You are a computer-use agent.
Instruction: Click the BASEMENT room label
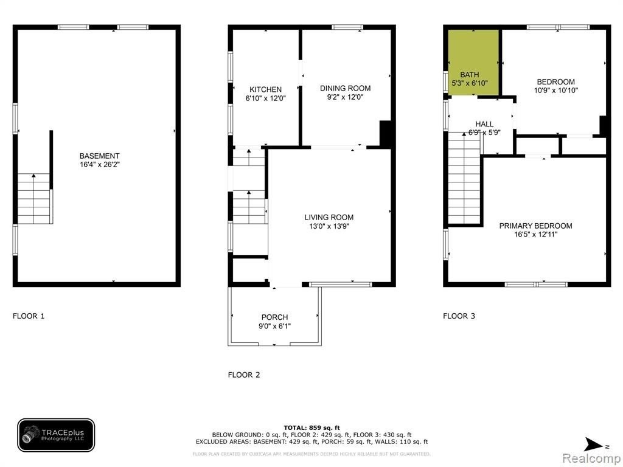[x=99, y=156]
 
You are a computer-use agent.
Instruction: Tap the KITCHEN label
[x=265, y=90]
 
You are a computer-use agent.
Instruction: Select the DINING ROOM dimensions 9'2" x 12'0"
[x=346, y=97]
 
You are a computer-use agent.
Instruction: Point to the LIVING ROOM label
[x=329, y=217]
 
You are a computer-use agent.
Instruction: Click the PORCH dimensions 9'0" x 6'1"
[x=274, y=327]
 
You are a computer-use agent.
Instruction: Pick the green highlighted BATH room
[x=473, y=63]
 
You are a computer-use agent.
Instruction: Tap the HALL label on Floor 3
[x=484, y=124]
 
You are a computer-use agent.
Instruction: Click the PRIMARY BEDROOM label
[x=535, y=226]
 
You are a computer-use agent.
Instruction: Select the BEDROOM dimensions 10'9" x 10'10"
[x=556, y=91]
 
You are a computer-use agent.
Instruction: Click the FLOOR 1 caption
[x=29, y=316]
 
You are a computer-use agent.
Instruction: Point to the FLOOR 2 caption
[x=244, y=375]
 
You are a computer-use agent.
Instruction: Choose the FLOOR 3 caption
[x=459, y=316]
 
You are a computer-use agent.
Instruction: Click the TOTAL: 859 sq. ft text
[x=312, y=427]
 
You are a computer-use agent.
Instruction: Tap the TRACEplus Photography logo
[x=56, y=435]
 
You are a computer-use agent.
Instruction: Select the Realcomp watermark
[x=591, y=458]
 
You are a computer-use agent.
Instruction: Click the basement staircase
[x=34, y=199]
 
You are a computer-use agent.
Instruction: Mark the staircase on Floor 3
[x=464, y=178]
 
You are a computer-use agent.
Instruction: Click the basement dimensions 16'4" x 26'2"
[x=99, y=165]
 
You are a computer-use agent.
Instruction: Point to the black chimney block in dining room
[x=385, y=134]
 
